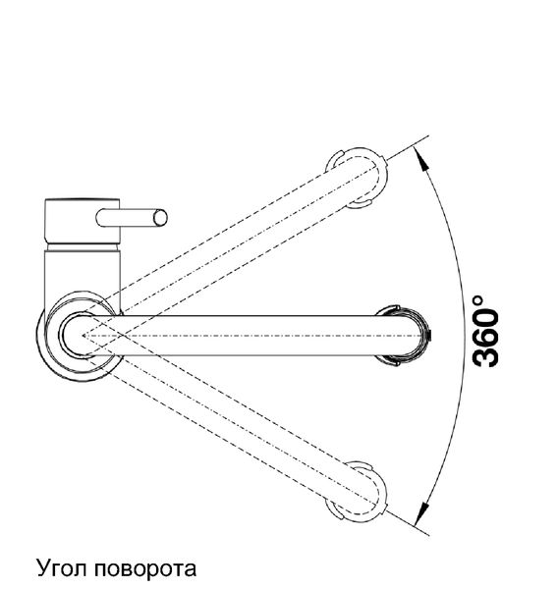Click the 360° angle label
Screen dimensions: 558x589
click(486, 331)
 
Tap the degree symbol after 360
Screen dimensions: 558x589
click(477, 301)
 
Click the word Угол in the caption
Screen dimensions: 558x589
click(61, 569)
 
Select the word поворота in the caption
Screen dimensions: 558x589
click(145, 570)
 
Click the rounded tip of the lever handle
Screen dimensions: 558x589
click(160, 218)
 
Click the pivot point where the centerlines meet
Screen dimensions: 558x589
click(84, 336)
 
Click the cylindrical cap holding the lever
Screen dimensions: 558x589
click(83, 221)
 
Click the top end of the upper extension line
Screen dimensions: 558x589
click(428, 135)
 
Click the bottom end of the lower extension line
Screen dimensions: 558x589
click(429, 535)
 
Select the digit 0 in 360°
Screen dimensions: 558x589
click(486, 317)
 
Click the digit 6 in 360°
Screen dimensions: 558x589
click(486, 338)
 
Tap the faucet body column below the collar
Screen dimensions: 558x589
click(83, 274)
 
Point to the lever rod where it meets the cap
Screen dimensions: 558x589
click(121, 218)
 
